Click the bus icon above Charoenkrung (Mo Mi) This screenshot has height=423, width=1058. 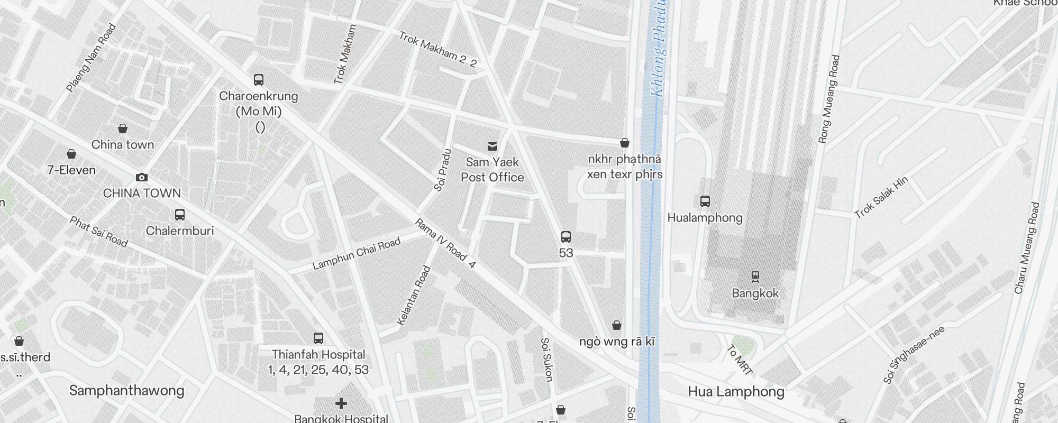[x=259, y=80]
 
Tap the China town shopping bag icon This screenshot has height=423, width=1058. [x=123, y=128]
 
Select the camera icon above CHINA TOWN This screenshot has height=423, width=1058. [x=141, y=177]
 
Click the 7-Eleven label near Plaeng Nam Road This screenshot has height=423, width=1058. [x=71, y=170]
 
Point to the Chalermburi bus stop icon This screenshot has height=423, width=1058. [x=180, y=215]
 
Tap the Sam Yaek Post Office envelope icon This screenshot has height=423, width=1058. [x=492, y=146]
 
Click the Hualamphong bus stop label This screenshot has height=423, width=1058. [x=705, y=218]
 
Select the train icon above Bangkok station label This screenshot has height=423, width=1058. [x=755, y=276]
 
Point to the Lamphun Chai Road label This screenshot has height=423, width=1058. [x=357, y=254]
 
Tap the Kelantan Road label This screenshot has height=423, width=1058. [x=414, y=295]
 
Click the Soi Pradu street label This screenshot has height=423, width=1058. [x=442, y=170]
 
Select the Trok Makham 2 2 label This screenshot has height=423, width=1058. [x=437, y=50]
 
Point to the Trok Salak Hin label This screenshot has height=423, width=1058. [x=881, y=197]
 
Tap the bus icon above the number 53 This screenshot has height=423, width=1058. [x=566, y=236]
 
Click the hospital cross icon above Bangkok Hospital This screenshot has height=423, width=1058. [x=341, y=404]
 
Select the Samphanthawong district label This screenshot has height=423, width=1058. [x=127, y=391]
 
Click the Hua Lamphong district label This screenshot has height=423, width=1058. [x=736, y=392]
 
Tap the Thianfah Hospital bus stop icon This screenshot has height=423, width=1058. [x=318, y=338]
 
